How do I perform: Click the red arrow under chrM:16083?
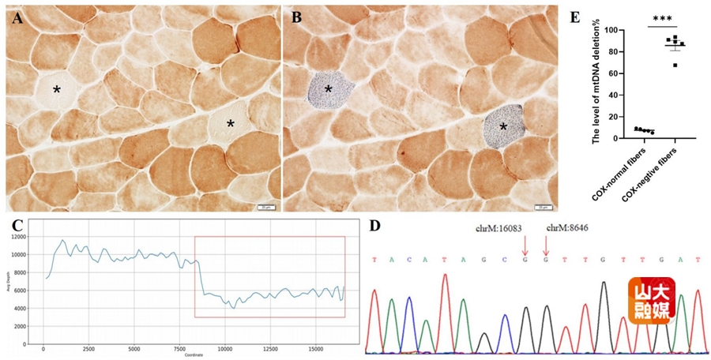coord(525,246)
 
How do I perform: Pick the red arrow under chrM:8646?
coord(546,246)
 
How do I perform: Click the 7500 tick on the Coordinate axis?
coord(179,347)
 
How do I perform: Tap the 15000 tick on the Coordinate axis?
coord(315,347)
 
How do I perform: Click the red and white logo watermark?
coord(651,301)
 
